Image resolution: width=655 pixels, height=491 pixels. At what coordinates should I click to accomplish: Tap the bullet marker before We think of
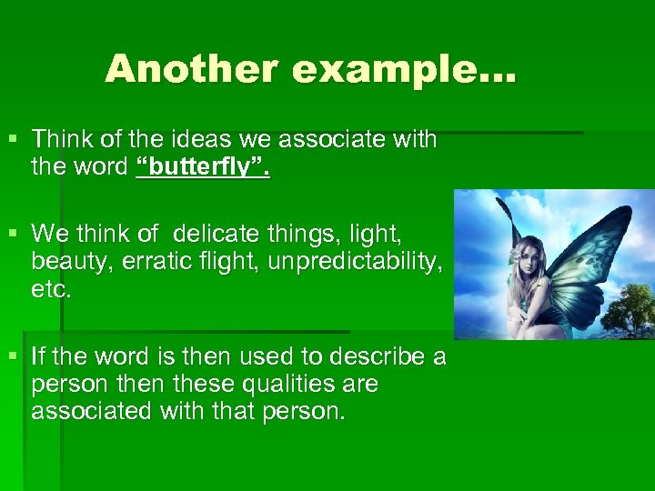tap(11, 234)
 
